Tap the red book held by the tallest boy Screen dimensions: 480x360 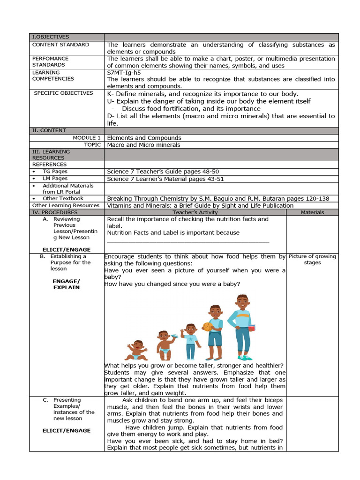(251, 328)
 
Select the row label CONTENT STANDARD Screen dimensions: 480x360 (60, 45)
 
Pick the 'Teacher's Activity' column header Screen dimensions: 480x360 (195, 212)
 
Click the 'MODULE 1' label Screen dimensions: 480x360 (87, 138)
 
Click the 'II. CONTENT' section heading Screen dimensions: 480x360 (49, 130)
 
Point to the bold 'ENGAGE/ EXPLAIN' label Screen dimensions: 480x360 (66, 284)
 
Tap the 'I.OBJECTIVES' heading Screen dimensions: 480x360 (50, 37)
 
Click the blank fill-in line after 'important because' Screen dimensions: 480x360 (188, 241)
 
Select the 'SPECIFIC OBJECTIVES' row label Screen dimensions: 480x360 (64, 93)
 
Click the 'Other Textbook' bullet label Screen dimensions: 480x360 (63, 198)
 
